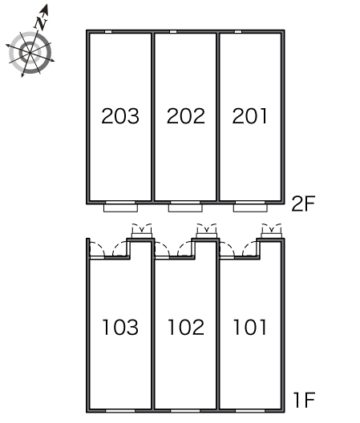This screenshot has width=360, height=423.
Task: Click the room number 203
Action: (x=120, y=116)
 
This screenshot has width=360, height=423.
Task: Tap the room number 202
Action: (x=186, y=116)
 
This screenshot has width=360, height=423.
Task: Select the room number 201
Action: (x=250, y=116)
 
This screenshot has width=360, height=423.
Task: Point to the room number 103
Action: (x=120, y=327)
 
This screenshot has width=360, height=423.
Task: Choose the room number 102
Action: (x=186, y=327)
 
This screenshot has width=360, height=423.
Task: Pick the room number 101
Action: (x=250, y=327)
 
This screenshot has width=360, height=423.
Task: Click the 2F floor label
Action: (x=303, y=203)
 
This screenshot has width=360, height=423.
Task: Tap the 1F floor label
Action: (x=305, y=400)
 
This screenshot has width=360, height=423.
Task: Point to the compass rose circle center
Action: (x=30, y=52)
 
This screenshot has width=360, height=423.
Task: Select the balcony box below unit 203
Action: (x=120, y=208)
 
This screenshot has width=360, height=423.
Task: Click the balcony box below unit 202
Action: (x=185, y=208)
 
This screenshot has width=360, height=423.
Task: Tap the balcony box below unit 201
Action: (x=250, y=208)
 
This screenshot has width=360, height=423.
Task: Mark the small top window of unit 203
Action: (x=108, y=32)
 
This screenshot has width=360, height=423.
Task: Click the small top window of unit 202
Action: (x=173, y=32)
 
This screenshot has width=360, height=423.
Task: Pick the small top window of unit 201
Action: (x=238, y=32)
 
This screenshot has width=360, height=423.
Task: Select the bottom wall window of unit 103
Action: (x=120, y=411)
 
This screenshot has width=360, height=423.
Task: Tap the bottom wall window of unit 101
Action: (x=250, y=411)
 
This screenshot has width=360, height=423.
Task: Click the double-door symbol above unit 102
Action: (x=207, y=231)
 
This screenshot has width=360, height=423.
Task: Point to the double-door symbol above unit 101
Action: (x=272, y=231)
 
